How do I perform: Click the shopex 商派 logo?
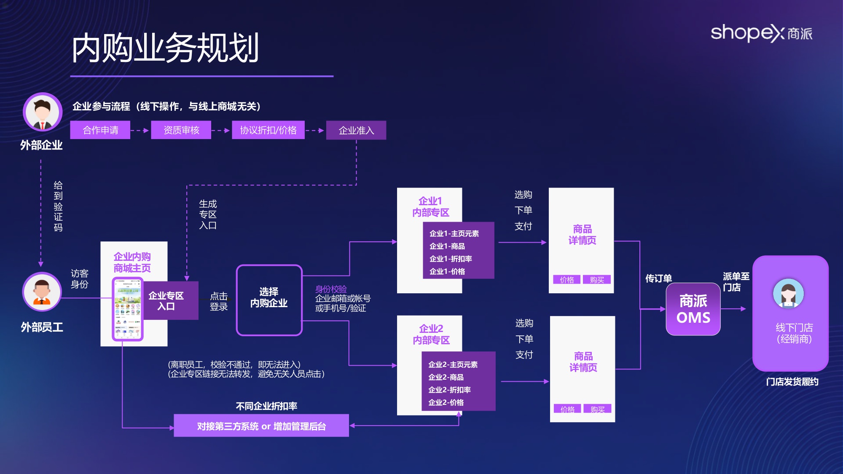click(761, 33)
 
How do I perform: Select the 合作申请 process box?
click(100, 130)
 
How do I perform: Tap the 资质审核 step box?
click(181, 130)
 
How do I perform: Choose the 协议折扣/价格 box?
click(268, 130)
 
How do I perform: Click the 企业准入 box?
click(356, 131)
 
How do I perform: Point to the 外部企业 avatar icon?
click(42, 112)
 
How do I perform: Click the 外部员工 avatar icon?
click(42, 292)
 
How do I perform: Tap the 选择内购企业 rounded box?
click(269, 300)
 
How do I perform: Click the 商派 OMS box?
click(693, 309)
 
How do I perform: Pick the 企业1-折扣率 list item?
click(451, 259)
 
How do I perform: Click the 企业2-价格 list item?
click(446, 402)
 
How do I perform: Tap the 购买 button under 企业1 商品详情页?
click(597, 280)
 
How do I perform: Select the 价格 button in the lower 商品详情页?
click(567, 409)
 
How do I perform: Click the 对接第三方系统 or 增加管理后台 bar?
click(261, 426)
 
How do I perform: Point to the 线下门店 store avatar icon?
click(788, 293)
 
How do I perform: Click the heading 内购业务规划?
click(165, 48)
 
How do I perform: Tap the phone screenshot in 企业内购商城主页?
click(128, 309)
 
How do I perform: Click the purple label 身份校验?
click(331, 289)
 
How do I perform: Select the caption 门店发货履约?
click(792, 382)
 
